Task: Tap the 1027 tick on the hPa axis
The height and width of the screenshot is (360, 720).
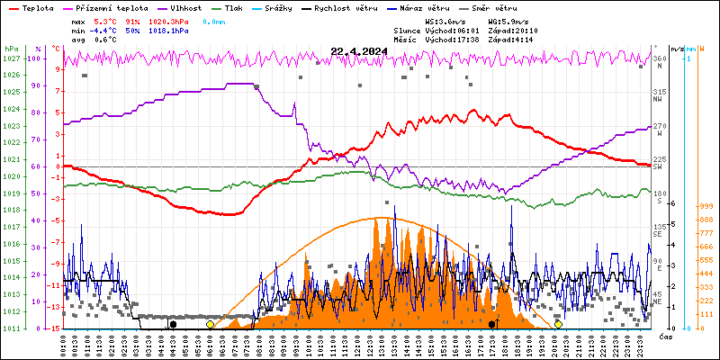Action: [11, 58]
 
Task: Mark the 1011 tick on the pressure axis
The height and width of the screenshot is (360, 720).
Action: [11, 328]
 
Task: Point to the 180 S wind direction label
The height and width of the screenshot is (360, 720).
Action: [660, 193]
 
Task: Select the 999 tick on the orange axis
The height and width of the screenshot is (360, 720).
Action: [706, 206]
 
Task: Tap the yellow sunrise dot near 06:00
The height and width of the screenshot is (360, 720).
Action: [210, 324]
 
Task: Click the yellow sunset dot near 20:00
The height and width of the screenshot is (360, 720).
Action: [558, 324]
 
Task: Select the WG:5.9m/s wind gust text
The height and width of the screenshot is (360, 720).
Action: [511, 20]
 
